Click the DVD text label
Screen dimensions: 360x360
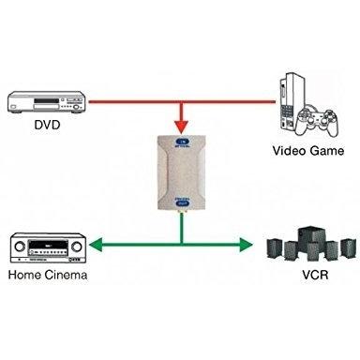47,125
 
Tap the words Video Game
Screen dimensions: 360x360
308,151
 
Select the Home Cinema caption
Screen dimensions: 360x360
48,275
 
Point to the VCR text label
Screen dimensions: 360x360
315,275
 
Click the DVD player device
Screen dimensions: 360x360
46,102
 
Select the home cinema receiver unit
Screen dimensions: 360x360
48,247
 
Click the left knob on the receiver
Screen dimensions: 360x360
19,247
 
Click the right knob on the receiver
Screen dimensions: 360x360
77,247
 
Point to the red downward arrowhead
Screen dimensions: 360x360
182,127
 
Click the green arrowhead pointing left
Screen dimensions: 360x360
96,245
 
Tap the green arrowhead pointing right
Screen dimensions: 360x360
247,245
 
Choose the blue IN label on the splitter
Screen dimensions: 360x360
182,142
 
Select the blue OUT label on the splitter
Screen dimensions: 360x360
182,202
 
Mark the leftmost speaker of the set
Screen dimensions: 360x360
275,248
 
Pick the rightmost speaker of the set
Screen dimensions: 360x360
348,247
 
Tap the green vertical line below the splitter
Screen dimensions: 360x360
182,228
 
